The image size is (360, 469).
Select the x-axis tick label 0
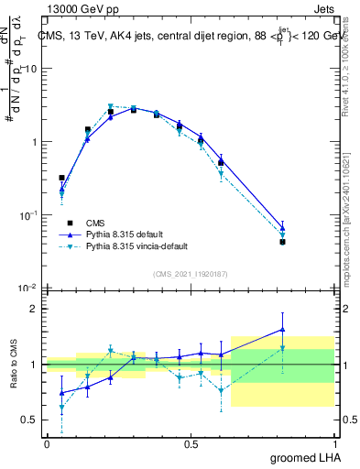(x=47, y=443)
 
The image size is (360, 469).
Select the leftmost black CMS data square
(x=61, y=178)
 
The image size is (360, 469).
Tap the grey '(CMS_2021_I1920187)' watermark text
(x=191, y=274)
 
